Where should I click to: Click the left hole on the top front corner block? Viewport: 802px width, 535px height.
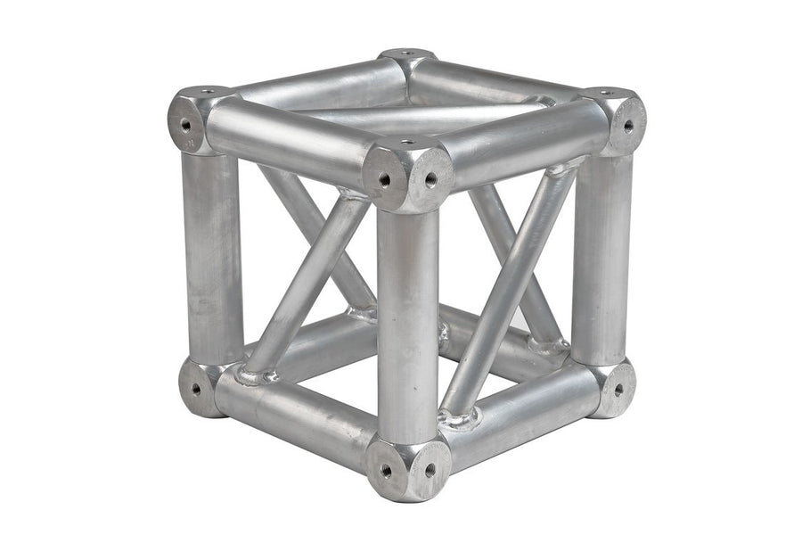click(x=385, y=179)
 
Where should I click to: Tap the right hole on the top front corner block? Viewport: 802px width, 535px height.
click(x=430, y=179)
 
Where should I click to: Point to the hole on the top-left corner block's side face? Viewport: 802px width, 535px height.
click(x=186, y=125)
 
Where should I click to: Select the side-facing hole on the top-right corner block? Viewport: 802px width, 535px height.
click(x=628, y=126)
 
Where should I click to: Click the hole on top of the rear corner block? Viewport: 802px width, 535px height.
click(x=406, y=53)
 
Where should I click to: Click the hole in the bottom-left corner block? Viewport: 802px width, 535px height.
click(x=195, y=388)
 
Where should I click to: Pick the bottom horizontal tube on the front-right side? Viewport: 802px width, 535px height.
click(x=526, y=419)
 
